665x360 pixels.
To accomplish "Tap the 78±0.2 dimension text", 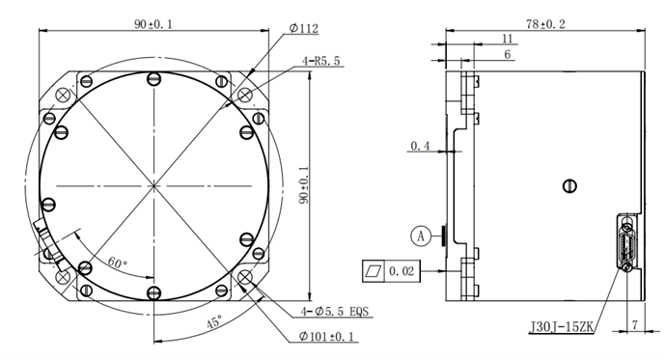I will (x=546, y=22).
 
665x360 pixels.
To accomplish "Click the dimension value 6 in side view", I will (x=507, y=55).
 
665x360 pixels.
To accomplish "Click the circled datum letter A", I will (x=419, y=234).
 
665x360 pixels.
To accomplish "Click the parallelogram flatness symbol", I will (x=374, y=272).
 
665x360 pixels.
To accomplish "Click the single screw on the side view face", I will (x=569, y=185).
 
